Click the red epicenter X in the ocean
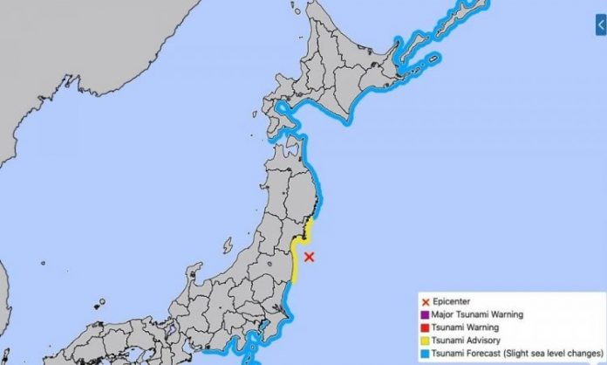pyautogui.click(x=310, y=256)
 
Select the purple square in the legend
pyautogui.click(x=423, y=315)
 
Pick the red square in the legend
pyautogui.click(x=423, y=329)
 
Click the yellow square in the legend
pyautogui.click(x=423, y=342)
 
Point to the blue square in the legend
pyautogui.click(x=423, y=355)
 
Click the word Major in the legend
pyautogui.click(x=443, y=316)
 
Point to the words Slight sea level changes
pyautogui.click(x=548, y=355)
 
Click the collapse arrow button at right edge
pyautogui.click(x=601, y=27)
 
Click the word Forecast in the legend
pyautogui.click(x=481, y=355)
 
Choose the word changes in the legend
pyautogui.click(x=580, y=355)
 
